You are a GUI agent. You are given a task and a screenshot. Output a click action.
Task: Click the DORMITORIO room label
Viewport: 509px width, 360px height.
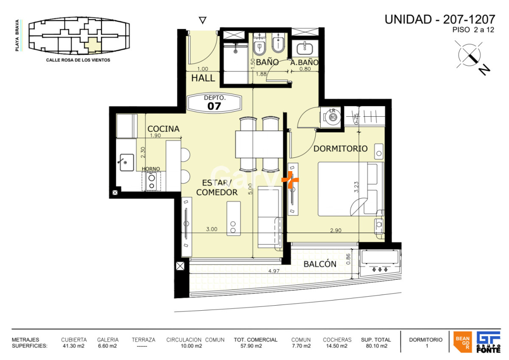point(340,149)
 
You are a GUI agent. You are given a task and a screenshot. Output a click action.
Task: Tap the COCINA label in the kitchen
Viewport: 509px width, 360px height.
point(163,129)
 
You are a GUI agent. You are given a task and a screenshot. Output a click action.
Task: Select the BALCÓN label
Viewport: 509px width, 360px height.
point(320,264)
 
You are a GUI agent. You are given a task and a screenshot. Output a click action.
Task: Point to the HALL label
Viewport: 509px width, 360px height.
point(203,79)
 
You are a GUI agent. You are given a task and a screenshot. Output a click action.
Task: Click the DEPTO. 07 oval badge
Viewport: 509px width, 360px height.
point(215,102)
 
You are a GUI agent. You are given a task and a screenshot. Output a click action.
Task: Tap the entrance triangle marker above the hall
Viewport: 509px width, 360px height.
point(203,20)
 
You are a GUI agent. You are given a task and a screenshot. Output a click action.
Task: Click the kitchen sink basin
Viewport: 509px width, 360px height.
point(126,162)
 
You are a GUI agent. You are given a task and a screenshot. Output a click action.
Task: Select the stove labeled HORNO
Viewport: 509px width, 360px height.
point(151,182)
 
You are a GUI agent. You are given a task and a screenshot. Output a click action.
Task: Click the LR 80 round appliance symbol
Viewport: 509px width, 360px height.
point(333,117)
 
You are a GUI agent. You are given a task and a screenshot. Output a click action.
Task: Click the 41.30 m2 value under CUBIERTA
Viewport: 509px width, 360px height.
point(73,346)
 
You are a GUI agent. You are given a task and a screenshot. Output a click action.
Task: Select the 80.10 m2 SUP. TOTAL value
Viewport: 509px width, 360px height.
point(376,346)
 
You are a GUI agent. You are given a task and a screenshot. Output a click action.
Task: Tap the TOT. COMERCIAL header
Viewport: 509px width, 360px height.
point(255,340)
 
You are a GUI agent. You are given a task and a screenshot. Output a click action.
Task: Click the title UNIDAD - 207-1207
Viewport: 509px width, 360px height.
point(439,20)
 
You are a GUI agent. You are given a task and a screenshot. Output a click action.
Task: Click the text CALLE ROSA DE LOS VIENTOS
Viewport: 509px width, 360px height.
point(78,60)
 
